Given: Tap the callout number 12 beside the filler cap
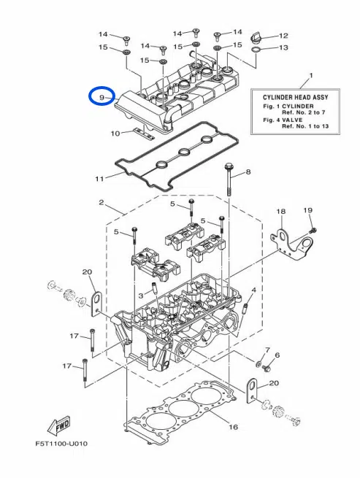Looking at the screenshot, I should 283,35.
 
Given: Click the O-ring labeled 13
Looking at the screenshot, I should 257,48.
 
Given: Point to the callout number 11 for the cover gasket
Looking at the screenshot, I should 99,177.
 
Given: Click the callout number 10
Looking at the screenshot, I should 115,134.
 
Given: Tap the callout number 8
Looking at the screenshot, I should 248,172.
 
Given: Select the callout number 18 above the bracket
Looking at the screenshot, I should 280,212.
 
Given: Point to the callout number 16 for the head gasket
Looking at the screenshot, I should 234,427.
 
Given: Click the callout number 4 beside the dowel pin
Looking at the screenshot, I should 253,290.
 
